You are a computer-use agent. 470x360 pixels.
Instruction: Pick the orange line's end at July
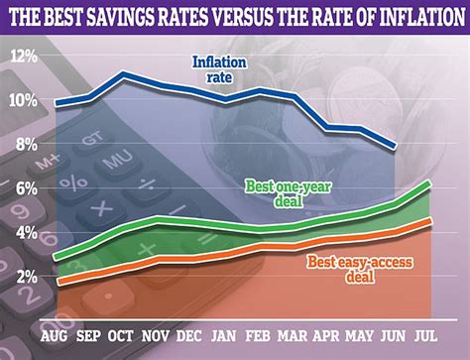coord(428,221)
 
